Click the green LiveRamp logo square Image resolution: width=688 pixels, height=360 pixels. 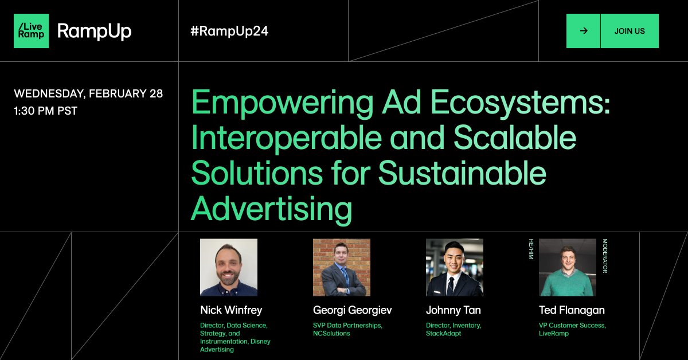(x=31, y=31)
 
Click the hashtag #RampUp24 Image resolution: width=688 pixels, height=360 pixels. (x=229, y=31)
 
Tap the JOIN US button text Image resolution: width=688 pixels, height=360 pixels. (x=630, y=31)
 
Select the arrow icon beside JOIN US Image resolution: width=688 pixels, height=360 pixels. (x=584, y=31)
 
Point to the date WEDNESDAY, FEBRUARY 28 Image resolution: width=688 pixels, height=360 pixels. (x=88, y=93)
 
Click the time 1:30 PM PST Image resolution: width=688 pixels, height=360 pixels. (x=45, y=111)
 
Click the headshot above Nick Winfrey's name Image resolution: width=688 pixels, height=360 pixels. (x=228, y=267)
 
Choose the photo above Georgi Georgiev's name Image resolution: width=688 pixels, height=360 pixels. (x=341, y=267)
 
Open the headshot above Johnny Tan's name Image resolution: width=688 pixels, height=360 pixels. (x=454, y=267)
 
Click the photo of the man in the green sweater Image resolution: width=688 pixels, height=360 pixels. (x=567, y=267)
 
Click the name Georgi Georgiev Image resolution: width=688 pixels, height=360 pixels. (x=353, y=310)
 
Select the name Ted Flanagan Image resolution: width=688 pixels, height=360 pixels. (x=572, y=310)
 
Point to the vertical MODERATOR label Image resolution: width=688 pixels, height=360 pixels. (x=604, y=256)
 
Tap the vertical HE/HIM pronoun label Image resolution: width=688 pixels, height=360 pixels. (x=531, y=249)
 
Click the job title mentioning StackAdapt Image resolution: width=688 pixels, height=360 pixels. (x=454, y=329)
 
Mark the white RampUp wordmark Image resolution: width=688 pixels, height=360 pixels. (x=95, y=31)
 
